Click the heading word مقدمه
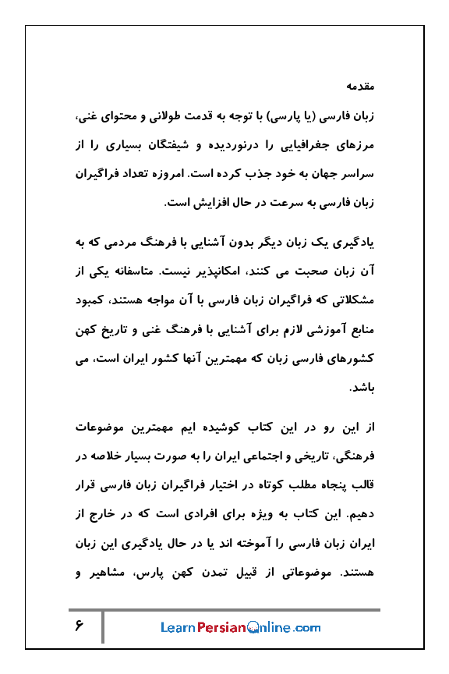pos(362,83)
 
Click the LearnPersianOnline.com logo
pos(240,627)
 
